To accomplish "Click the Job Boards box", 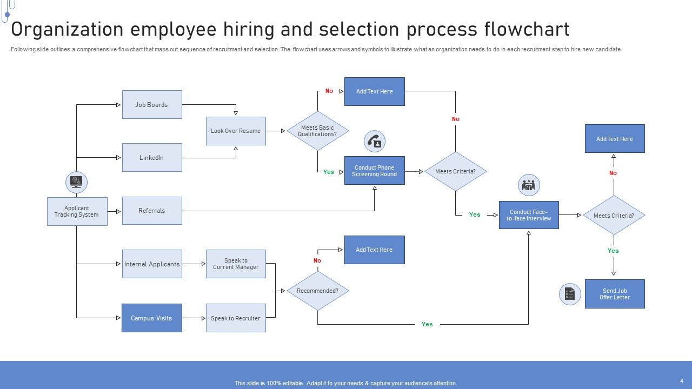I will pos(152,104).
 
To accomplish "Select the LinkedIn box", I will pos(152,157).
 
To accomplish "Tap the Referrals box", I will pos(152,210).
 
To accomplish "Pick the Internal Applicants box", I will pos(152,264).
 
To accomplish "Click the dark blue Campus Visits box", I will pos(152,318).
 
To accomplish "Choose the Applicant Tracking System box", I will pos(77,211).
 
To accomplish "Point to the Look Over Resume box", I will pos(236,131).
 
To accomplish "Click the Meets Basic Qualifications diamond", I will pos(318,131).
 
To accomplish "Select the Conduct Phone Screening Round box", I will pos(374,171).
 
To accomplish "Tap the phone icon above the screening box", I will pos(375,142).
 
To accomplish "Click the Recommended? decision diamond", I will pos(318,291).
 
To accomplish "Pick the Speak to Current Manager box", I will pos(236,264).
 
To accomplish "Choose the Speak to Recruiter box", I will pos(236,318).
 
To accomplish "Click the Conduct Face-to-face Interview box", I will pos(529,215).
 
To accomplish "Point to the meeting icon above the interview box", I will pos(529,186).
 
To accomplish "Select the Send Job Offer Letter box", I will pos(615,294).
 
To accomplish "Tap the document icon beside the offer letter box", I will pos(570,294).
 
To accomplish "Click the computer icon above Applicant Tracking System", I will pos(76,183).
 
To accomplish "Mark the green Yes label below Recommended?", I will pos(427,324).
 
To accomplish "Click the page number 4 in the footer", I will pos(682,381).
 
